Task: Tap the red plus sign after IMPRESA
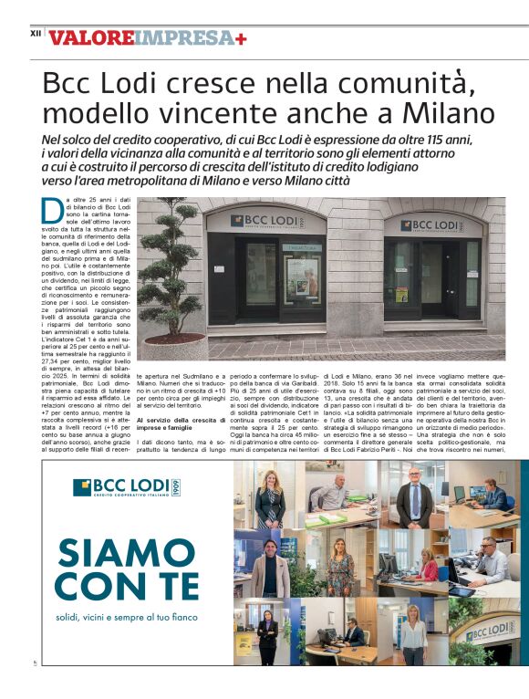click(x=241, y=38)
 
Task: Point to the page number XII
click(x=36, y=34)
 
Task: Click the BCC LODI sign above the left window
click(x=266, y=221)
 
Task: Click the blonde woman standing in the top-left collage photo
click(x=270, y=497)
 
